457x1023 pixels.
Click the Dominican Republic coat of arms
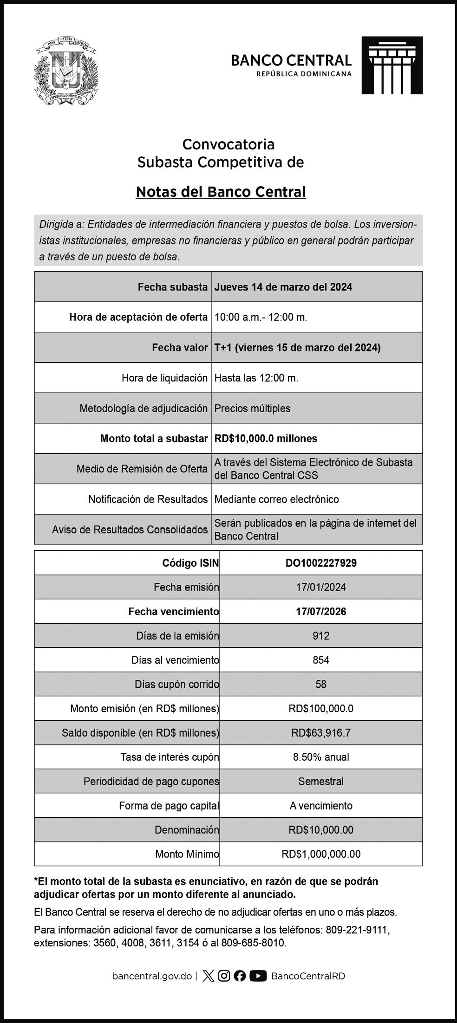(66, 71)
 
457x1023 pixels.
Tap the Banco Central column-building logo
(392, 65)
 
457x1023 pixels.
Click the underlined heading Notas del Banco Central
(221, 192)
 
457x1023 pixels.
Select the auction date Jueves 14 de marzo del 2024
(283, 287)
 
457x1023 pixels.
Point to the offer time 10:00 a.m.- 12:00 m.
(261, 317)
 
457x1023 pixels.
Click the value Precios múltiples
(252, 408)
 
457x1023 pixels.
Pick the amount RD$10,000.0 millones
(266, 438)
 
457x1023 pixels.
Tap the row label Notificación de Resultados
(148, 499)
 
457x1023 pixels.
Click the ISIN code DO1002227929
(321, 563)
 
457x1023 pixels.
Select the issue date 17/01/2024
(321, 587)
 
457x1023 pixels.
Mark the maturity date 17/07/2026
(321, 612)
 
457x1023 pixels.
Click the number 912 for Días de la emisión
(321, 636)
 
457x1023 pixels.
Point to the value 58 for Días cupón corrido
(321, 684)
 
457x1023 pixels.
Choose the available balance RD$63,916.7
(321, 733)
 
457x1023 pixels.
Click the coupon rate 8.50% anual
(321, 757)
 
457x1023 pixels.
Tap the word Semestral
(321, 781)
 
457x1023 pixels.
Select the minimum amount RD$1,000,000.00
(321, 854)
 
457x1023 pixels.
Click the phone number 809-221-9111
(358, 930)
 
